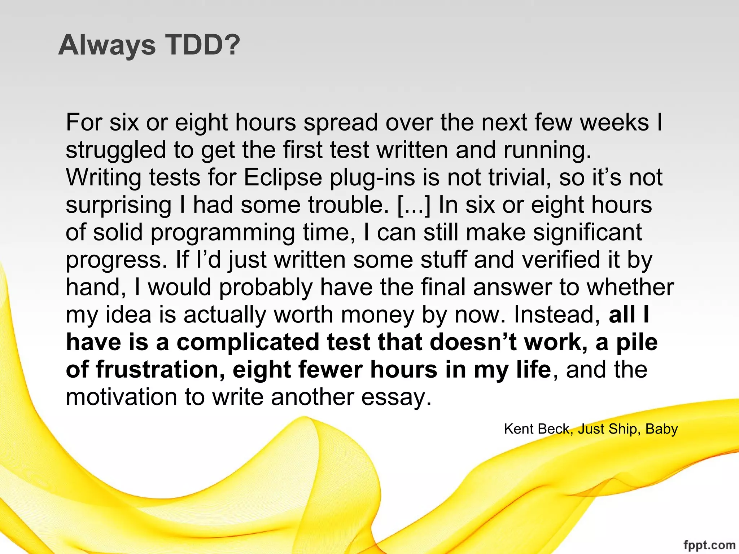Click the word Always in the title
click(107, 45)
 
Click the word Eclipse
click(283, 177)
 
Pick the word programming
click(223, 233)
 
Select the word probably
click(266, 288)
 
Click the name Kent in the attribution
click(518, 429)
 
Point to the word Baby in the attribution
click(661, 429)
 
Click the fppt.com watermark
click(709, 545)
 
